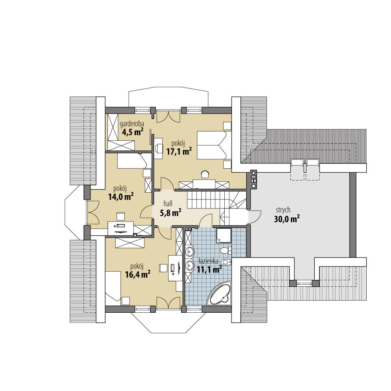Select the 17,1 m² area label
pos(179,151)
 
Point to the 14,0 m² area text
pos(121,197)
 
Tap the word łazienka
pos(209,262)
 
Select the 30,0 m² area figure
pos(286,219)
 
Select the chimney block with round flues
pos(254,179)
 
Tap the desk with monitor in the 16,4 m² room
pos(175,268)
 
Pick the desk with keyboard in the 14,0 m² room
pos(121,227)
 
